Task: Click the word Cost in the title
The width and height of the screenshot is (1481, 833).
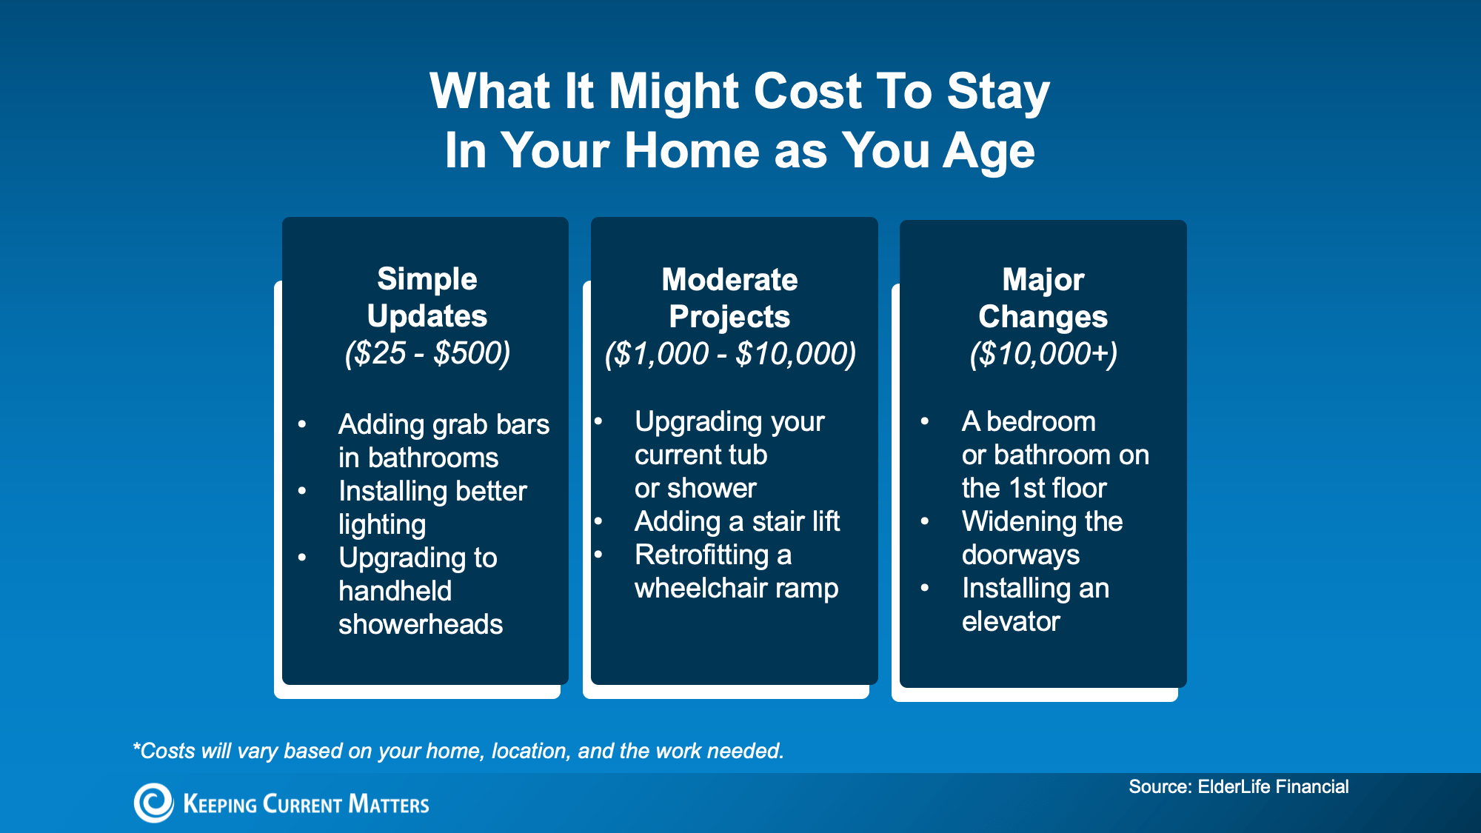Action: [808, 91]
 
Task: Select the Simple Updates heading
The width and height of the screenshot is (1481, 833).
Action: [427, 298]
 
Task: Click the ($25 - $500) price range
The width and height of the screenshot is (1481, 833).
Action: [427, 353]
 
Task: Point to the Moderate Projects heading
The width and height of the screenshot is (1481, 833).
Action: [730, 298]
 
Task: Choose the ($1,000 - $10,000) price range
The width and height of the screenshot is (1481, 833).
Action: [730, 354]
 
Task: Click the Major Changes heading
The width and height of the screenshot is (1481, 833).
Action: [1043, 298]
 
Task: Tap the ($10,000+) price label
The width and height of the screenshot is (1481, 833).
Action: [1043, 354]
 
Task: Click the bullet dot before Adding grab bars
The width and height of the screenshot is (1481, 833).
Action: [302, 424]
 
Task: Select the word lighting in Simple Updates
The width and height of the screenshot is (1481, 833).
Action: [382, 525]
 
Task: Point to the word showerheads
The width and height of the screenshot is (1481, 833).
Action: [421, 624]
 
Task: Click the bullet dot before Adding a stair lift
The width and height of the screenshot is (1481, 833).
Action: [598, 521]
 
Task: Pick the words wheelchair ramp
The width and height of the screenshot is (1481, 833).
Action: [736, 589]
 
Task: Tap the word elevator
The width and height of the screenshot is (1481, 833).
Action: [1011, 621]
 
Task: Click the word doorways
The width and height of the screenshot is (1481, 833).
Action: [1020, 555]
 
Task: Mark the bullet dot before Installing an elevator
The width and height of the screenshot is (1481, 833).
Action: [925, 588]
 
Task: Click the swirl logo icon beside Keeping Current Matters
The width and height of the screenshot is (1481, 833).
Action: [153, 803]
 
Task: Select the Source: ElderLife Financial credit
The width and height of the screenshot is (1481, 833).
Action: [1238, 786]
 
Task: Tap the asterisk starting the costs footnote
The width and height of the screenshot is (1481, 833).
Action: [136, 746]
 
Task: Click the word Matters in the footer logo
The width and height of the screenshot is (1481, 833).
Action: [389, 804]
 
